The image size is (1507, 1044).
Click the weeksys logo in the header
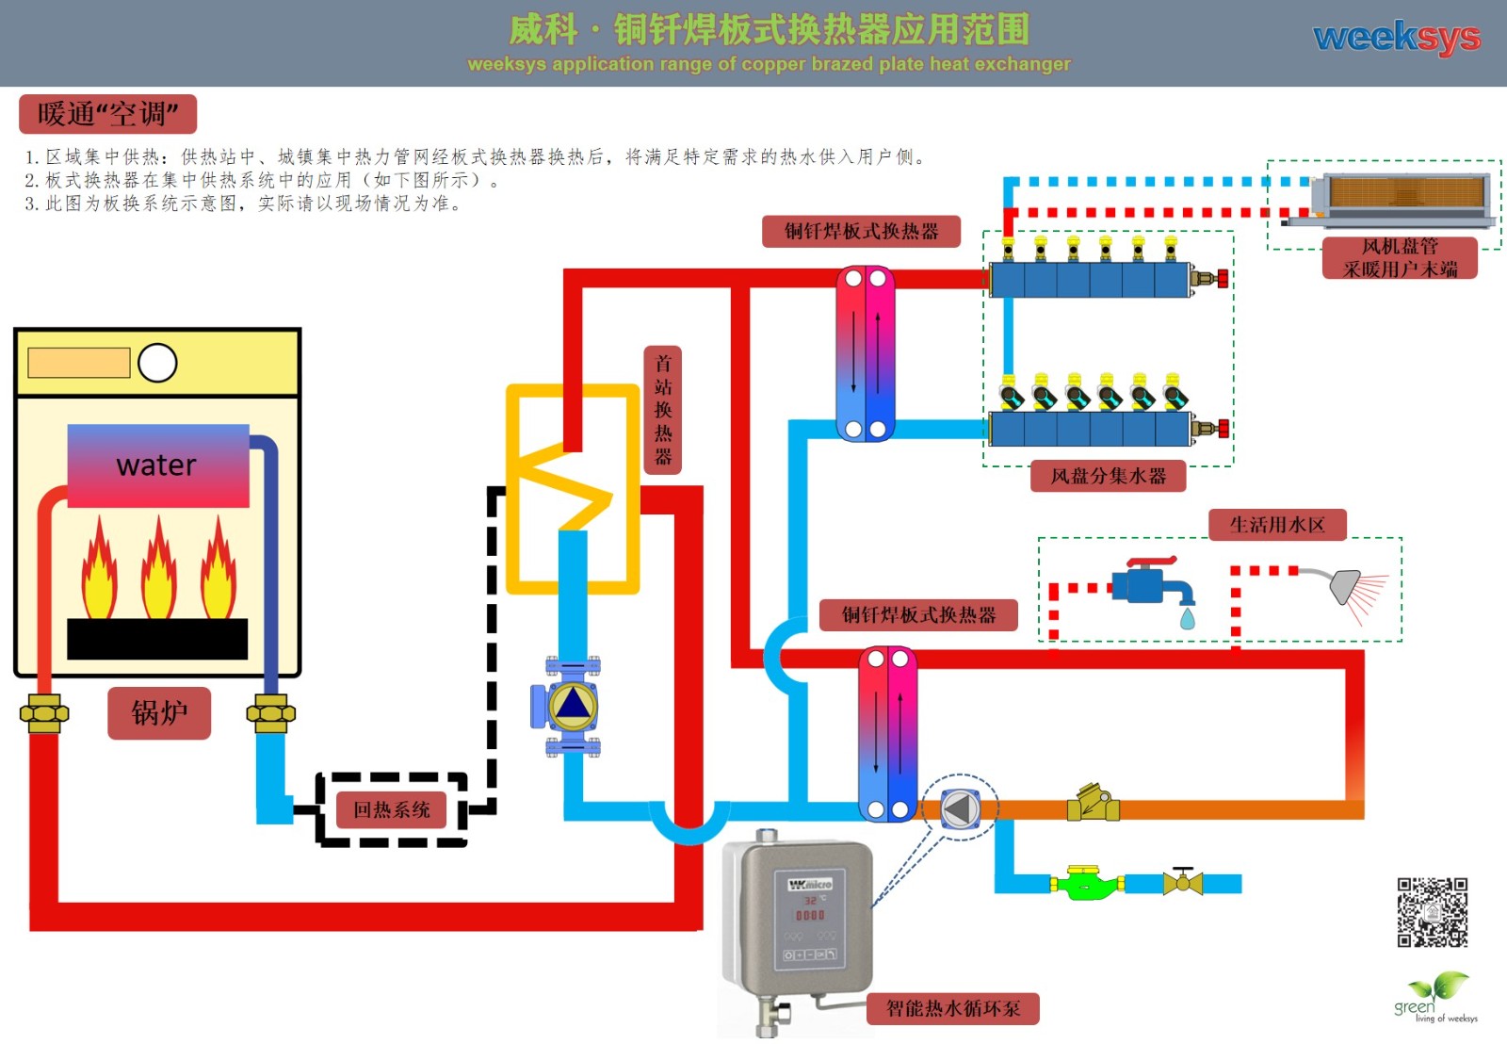coord(1396,38)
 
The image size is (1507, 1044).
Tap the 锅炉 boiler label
coord(159,712)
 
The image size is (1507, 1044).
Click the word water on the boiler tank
coord(156,465)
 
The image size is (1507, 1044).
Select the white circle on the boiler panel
coord(157,363)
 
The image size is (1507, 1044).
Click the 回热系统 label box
coord(391,809)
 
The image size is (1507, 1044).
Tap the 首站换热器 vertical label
coord(663,409)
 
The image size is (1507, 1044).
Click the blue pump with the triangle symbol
coord(572,705)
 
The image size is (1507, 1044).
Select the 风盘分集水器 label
coord(1108,476)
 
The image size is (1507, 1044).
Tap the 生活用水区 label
coord(1276,525)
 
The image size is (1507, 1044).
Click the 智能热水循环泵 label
coord(952,1009)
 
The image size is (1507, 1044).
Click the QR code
coord(1432,912)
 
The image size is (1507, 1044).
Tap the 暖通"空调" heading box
coord(107,114)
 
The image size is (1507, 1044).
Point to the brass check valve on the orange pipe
coord(1093,804)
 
